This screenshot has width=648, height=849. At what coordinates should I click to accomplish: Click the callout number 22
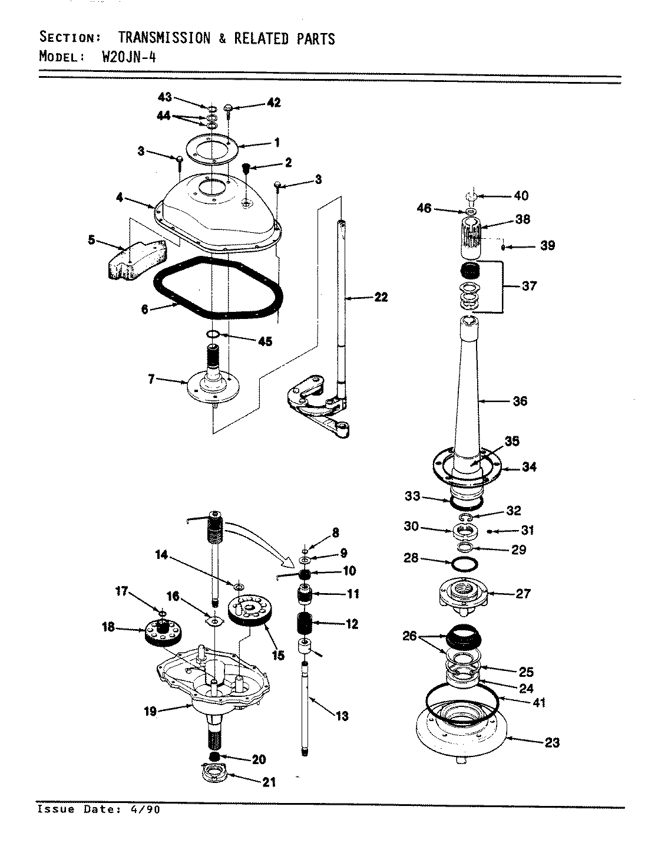point(381,297)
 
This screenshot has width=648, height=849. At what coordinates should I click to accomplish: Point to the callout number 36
point(520,402)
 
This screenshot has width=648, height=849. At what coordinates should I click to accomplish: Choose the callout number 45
point(265,341)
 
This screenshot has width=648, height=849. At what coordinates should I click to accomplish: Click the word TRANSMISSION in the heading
point(164,39)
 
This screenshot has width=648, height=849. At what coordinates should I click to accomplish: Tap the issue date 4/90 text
point(145,809)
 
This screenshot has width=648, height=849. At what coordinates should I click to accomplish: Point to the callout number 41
point(538,703)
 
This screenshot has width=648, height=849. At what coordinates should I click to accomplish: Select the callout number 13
point(342,716)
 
